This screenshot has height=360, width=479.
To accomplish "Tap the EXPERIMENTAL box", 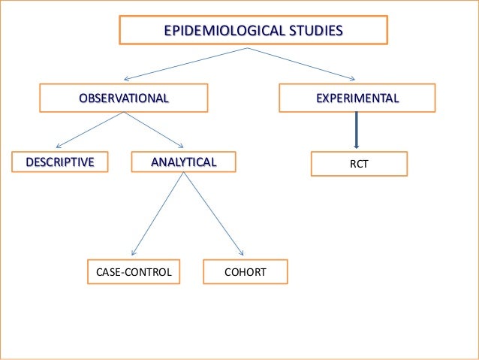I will [357, 98].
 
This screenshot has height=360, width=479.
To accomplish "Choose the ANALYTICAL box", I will [183, 162].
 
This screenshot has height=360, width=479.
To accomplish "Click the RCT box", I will [359, 163].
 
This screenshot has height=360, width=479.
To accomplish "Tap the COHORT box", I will [246, 272].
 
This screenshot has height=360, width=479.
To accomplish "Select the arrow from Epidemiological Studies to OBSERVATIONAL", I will [184, 63].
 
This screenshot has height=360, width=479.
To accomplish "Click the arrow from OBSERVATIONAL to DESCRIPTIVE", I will [90, 130].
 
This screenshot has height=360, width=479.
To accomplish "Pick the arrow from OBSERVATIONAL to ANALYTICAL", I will [153, 130].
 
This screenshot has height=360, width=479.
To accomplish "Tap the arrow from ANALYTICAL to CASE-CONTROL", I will [158, 213].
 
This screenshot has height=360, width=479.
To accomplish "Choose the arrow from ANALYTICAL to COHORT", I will [213, 213].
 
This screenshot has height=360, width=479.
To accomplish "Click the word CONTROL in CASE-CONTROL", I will [147, 272].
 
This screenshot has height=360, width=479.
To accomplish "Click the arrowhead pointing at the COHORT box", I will [241, 253].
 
